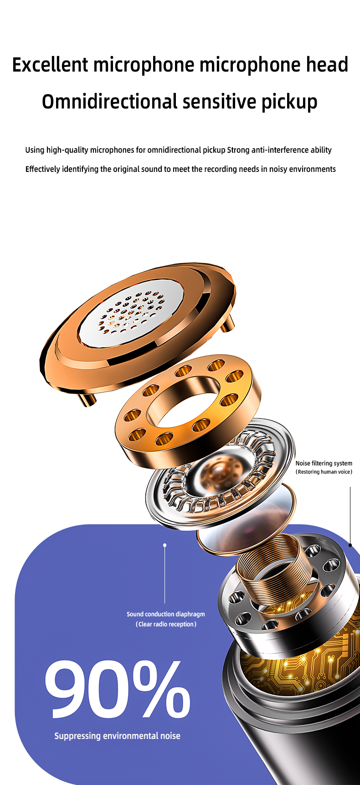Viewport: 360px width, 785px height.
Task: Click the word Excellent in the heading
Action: [50, 65]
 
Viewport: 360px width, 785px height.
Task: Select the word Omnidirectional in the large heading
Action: [109, 101]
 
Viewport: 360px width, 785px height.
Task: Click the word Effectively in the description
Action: [43, 169]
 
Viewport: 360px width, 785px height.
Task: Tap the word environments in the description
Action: [312, 169]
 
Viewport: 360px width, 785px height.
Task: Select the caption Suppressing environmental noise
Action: [117, 736]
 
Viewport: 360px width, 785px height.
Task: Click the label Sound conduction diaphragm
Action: [166, 614]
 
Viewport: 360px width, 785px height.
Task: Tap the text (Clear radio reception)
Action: [166, 624]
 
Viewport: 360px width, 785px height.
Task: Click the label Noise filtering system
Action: [324, 463]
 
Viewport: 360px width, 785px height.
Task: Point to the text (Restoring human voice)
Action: [324, 472]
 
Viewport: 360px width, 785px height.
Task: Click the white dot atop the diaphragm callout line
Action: [165, 545]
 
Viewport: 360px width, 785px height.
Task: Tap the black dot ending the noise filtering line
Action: [350, 545]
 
